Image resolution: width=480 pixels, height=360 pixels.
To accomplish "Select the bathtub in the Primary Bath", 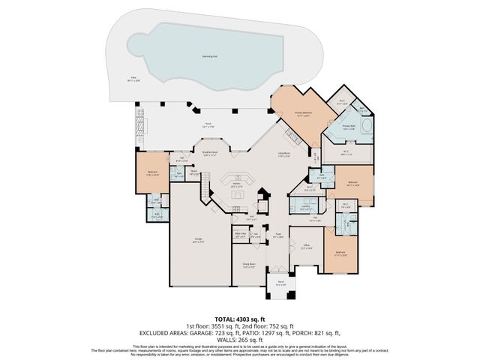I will pyautogui.click(x=366, y=125).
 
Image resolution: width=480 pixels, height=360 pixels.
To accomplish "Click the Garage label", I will pyautogui.click(x=199, y=241).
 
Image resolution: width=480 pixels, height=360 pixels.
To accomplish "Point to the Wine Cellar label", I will pyautogui.click(x=240, y=234).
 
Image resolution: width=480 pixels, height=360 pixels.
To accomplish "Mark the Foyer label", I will pyautogui.click(x=277, y=235).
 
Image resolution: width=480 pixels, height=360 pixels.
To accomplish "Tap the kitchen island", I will pyautogui.click(x=239, y=196).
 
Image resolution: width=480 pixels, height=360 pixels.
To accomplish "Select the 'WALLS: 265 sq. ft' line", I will pyautogui.click(x=239, y=339).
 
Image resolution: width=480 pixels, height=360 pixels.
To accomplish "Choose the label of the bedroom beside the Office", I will pyautogui.click(x=340, y=252).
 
